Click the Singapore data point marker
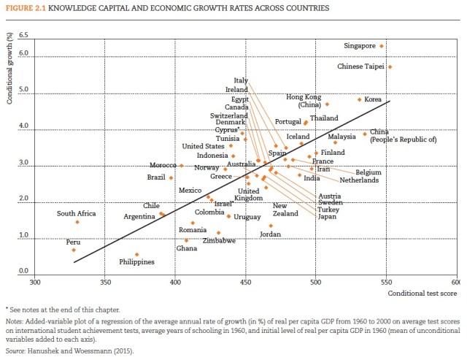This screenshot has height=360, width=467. pyautogui.click(x=382, y=46)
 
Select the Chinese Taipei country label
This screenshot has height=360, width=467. pyautogui.click(x=361, y=66)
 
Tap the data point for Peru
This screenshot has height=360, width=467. pyautogui.click(x=74, y=250)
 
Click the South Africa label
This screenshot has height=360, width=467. pyautogui.click(x=76, y=213)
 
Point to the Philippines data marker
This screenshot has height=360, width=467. pyautogui.click(x=136, y=255)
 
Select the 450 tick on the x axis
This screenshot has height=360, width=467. pyautogui.click(x=246, y=282)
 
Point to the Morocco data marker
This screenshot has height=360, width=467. pyautogui.click(x=182, y=165)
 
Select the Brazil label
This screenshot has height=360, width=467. pyautogui.click(x=156, y=177)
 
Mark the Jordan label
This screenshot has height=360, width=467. pyautogui.click(x=270, y=234)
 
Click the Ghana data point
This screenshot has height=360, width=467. pyautogui.click(x=186, y=240)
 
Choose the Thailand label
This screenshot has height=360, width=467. pyautogui.click(x=324, y=118)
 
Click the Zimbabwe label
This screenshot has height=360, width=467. pyautogui.click(x=219, y=241)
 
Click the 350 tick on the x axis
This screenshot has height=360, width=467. pyautogui.click(x=104, y=282)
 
